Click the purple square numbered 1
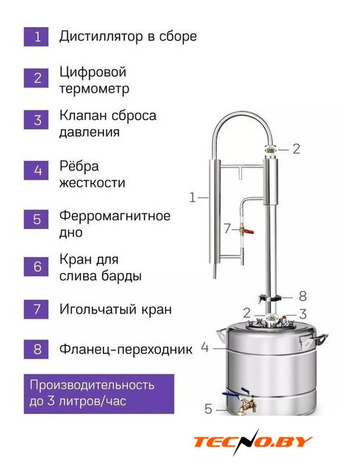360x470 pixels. (x=36, y=37)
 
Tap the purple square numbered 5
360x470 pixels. (x=36, y=219)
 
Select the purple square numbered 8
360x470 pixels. (x=36, y=350)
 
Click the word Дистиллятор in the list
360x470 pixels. (x=101, y=37)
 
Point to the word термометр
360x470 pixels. (x=94, y=89)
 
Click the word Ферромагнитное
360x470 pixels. (x=115, y=216)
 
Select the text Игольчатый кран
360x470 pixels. (x=115, y=309)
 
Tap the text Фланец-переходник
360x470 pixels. (x=126, y=350)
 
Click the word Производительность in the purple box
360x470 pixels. (x=92, y=385)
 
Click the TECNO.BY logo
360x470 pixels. (x=253, y=442)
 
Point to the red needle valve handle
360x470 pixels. (x=248, y=231)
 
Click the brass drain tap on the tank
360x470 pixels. (x=247, y=405)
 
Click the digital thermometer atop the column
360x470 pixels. (x=270, y=149)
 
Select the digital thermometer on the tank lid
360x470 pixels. (x=272, y=319)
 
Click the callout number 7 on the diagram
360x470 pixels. (x=227, y=229)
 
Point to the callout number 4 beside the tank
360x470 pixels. (x=204, y=347)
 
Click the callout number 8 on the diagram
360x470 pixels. (x=303, y=296)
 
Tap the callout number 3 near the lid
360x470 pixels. (x=303, y=314)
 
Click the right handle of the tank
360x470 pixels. (x=320, y=339)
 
